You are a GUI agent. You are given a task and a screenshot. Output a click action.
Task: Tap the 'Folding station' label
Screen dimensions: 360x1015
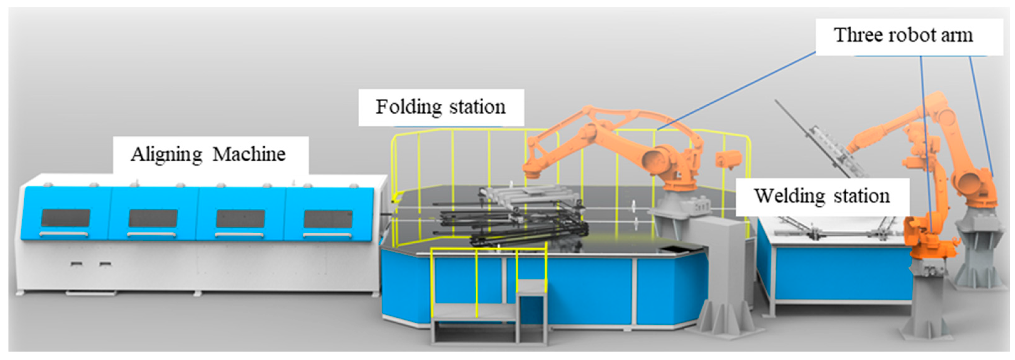coord(440,107)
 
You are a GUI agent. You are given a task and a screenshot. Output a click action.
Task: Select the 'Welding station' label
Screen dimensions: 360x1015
coord(822,196)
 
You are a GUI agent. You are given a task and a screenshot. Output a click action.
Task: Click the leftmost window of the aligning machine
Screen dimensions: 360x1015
coord(66,218)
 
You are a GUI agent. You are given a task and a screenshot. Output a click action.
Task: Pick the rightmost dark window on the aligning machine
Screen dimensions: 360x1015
coord(328,219)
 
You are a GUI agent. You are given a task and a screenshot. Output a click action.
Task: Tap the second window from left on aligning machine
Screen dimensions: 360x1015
coord(153,218)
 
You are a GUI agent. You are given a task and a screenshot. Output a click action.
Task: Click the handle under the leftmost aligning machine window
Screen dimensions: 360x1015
coord(64,234)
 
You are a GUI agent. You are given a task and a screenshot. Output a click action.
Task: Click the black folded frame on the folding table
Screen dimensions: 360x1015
coord(512,228)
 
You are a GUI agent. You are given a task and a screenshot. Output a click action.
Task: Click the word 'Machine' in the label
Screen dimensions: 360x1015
coord(249,154)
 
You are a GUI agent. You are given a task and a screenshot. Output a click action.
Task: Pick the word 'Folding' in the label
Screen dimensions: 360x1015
coord(409,107)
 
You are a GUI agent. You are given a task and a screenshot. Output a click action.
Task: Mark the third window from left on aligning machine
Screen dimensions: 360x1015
coord(240,219)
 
